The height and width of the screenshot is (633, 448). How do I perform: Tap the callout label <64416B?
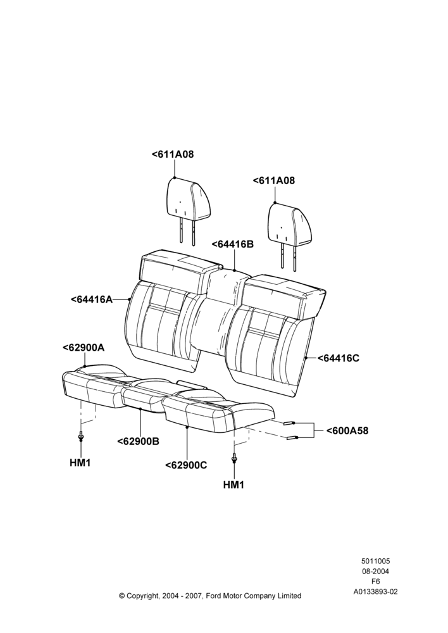[x=232, y=244]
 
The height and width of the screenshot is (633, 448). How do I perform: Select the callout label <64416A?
[x=92, y=299]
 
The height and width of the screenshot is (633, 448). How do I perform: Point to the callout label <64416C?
[x=339, y=358]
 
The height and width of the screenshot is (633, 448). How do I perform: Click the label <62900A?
[x=84, y=348]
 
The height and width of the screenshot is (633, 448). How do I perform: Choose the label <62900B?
[x=138, y=442]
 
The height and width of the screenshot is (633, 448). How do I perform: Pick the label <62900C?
[x=186, y=465]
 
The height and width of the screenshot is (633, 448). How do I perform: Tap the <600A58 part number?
[x=347, y=430]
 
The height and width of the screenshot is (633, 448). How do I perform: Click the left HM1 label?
[x=80, y=463]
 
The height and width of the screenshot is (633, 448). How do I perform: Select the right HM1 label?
[x=233, y=485]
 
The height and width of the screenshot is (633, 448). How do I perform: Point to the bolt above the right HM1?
[x=234, y=458]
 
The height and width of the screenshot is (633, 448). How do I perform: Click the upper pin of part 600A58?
[x=289, y=423]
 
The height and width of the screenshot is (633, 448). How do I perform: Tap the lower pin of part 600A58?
[x=292, y=438]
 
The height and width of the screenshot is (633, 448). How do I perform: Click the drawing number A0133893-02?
[x=375, y=592]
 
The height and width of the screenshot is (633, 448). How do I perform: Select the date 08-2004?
[x=375, y=571]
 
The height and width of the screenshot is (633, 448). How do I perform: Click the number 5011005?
[x=375, y=561]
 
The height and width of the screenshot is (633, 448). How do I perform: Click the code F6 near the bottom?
[x=375, y=582]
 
